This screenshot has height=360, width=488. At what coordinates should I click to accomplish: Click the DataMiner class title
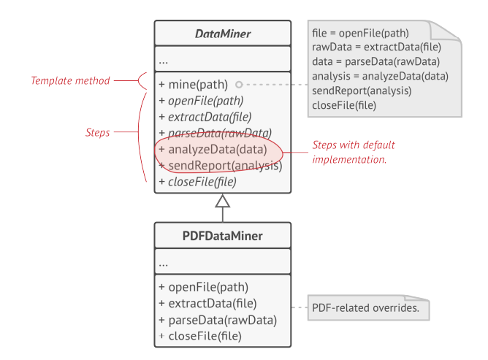click(x=222, y=34)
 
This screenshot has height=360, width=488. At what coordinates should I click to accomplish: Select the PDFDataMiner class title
click(x=222, y=236)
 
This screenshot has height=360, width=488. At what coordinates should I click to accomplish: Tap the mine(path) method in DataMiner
click(x=194, y=84)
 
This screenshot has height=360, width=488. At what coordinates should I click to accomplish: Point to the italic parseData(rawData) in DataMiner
click(x=215, y=133)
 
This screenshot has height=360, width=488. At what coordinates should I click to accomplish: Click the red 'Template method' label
click(x=70, y=80)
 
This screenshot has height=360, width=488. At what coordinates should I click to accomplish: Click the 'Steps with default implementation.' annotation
click(x=354, y=152)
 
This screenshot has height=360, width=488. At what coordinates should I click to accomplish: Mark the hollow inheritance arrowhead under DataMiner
click(x=223, y=201)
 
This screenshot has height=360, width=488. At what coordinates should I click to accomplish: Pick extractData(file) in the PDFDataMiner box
click(x=207, y=303)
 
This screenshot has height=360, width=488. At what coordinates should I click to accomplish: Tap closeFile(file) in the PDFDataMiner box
click(x=202, y=336)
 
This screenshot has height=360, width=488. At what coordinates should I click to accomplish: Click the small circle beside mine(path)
click(x=239, y=84)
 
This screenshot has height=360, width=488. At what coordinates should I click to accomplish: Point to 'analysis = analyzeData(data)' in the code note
click(x=379, y=76)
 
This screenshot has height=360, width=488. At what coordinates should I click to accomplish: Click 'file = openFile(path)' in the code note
click(x=359, y=33)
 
